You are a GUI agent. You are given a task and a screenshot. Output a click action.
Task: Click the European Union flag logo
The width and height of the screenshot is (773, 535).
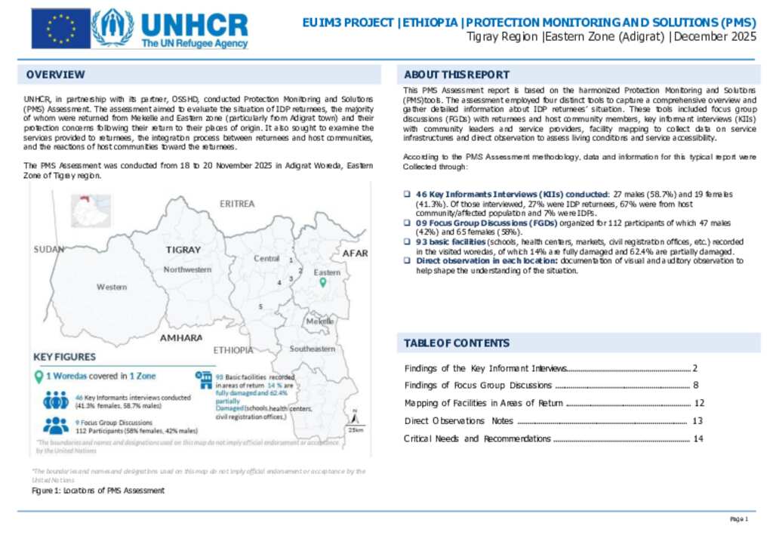[x=60, y=29]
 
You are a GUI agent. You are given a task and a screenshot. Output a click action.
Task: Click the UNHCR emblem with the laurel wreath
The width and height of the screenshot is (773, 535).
[x=112, y=29]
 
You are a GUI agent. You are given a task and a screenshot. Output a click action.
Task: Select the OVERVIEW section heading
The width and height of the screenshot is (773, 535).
[x=55, y=75]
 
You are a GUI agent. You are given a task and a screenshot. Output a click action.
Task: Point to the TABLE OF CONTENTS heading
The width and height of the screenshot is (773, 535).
[x=456, y=343]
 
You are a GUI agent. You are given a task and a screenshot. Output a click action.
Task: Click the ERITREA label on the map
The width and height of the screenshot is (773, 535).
[x=237, y=204]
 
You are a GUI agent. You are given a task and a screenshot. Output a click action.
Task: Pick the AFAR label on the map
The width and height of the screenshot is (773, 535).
[x=355, y=254]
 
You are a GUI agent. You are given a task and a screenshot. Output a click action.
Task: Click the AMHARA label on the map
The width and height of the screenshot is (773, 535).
[x=180, y=337]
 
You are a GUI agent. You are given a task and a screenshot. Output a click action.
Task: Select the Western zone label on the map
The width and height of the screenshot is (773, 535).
[x=112, y=287]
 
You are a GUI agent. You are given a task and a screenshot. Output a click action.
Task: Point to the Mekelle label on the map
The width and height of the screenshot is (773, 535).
[x=320, y=321]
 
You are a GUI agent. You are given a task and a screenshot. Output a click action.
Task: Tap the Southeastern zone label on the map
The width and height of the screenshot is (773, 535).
[x=313, y=349]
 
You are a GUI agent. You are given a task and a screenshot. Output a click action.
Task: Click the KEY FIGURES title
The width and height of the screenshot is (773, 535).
[x=64, y=356]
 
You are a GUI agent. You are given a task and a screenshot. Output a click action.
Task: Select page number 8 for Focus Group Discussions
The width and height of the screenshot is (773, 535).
[x=695, y=386]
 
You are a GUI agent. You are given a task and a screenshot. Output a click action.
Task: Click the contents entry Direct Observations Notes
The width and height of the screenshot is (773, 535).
[x=458, y=421]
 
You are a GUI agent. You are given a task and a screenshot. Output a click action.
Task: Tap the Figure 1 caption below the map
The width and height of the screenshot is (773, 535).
[x=98, y=490]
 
